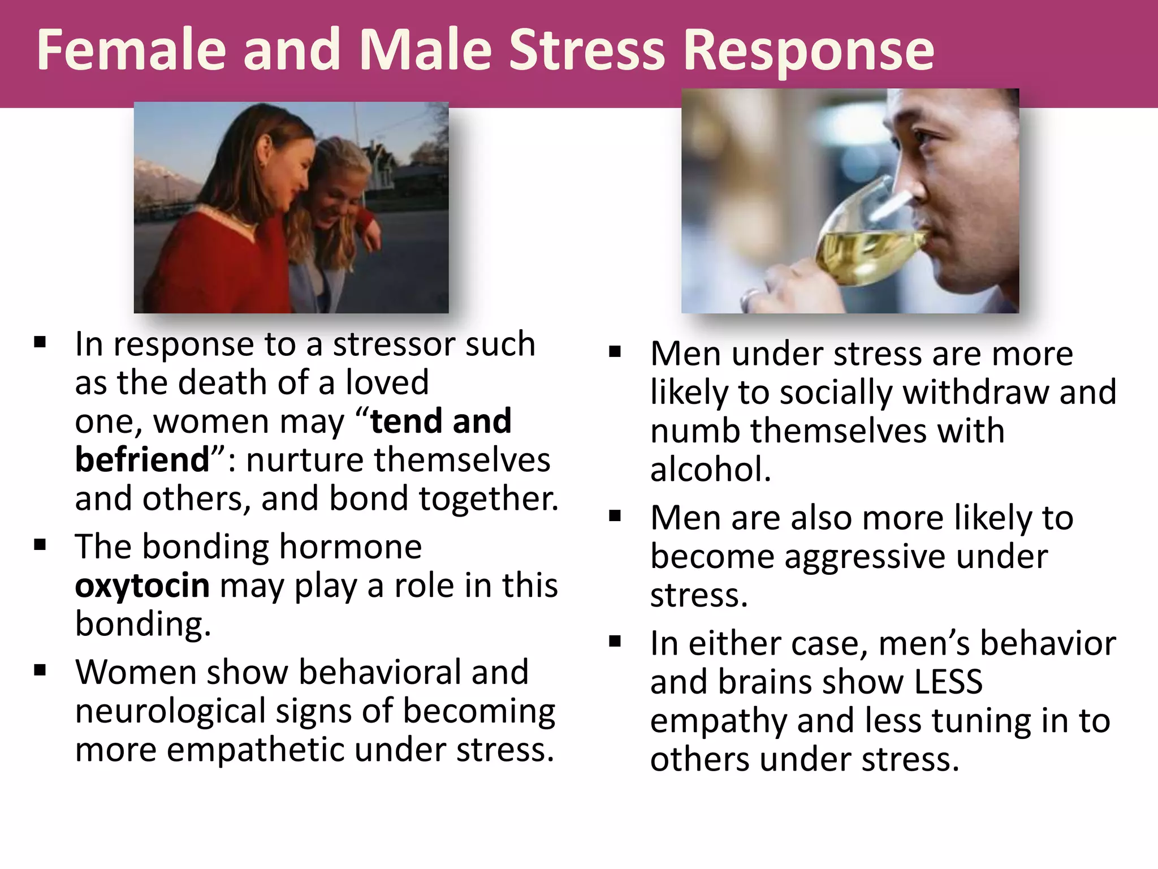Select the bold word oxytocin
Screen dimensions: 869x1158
(x=142, y=586)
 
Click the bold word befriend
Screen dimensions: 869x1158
(x=142, y=459)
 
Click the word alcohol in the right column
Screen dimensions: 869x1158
(x=711, y=470)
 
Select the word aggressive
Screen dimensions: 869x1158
(x=865, y=557)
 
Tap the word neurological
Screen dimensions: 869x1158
(x=170, y=712)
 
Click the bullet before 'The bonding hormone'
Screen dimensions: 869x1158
(x=40, y=545)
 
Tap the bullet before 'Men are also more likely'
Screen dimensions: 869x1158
(x=615, y=515)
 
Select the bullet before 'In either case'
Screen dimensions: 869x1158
(x=615, y=641)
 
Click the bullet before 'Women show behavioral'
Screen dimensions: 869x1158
(x=40, y=670)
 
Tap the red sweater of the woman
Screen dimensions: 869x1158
(x=215, y=260)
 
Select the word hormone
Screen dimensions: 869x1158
(x=350, y=547)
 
